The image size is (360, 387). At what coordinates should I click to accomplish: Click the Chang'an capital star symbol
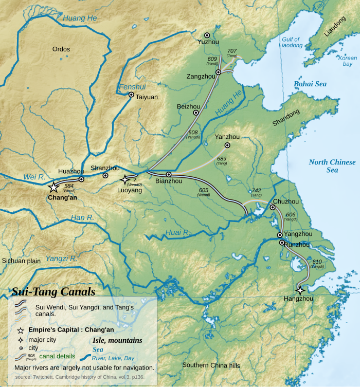tap(53, 188)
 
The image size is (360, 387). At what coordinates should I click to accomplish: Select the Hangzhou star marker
tap(300, 290)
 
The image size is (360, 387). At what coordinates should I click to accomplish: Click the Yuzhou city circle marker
tap(207, 35)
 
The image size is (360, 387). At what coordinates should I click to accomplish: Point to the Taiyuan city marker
tap(131, 95)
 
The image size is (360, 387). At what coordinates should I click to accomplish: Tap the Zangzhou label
tap(201, 76)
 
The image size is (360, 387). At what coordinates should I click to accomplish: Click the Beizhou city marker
tap(196, 113)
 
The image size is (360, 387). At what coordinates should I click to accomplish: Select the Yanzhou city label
tap(227, 137)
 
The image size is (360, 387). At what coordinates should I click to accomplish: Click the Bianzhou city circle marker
tap(169, 175)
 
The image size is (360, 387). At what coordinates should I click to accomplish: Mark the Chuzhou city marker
tap(273, 208)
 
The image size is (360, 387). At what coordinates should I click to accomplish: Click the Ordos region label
tap(61, 49)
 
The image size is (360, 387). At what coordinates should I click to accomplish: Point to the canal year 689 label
tap(222, 158)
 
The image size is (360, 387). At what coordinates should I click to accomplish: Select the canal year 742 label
tap(256, 191)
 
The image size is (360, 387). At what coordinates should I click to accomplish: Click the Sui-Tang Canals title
tap(53, 291)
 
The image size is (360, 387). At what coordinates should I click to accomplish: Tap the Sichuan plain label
tap(21, 261)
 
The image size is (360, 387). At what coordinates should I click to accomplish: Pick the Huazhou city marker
tap(81, 179)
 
